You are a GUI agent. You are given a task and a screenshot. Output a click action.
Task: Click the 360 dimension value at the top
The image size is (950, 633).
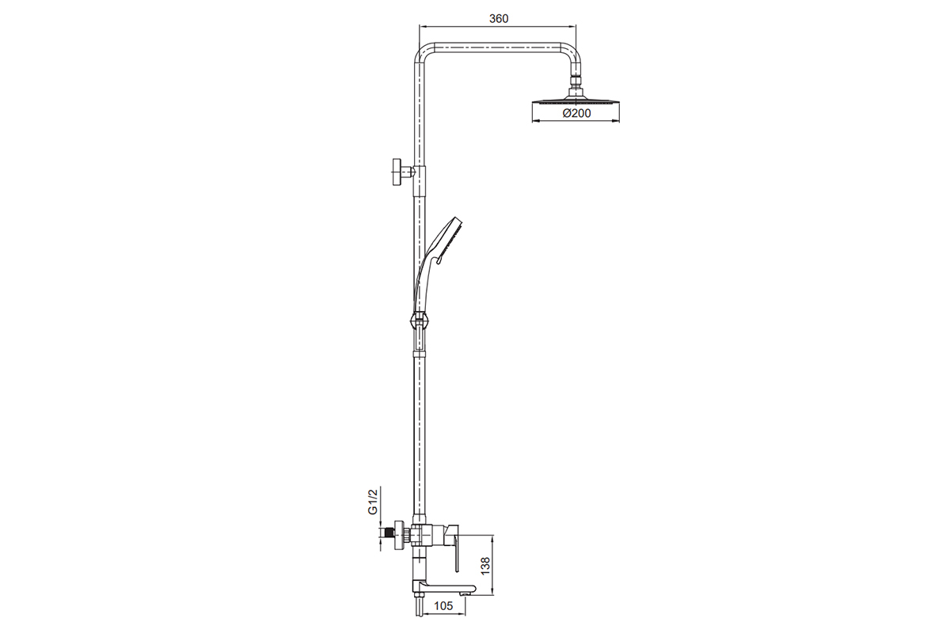(x=499, y=19)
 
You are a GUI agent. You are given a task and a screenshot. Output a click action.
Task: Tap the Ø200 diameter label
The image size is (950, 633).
(x=576, y=113)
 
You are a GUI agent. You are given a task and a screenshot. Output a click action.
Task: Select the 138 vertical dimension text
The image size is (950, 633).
(x=485, y=566)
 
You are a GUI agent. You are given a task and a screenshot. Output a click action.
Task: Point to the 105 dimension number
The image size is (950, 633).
(x=443, y=606)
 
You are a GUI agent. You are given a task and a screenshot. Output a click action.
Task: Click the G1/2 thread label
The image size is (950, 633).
(x=372, y=502)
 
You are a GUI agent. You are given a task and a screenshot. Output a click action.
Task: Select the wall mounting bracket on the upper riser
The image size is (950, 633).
(x=404, y=172)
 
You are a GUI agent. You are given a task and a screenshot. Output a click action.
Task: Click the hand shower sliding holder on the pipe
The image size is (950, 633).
(x=420, y=320)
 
